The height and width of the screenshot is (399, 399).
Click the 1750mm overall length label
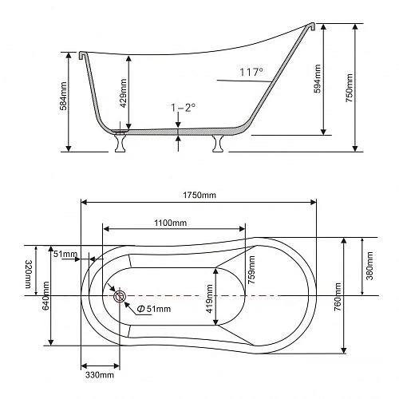[x=199, y=195]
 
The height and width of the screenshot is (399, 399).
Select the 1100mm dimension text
[x=171, y=223]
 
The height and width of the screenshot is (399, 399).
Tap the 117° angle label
[x=251, y=72]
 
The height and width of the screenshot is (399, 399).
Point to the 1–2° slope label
[x=184, y=108]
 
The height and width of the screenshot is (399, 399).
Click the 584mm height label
[x=63, y=96]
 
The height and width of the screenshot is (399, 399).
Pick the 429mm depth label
[x=123, y=93]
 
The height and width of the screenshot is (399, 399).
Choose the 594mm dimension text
[x=317, y=79]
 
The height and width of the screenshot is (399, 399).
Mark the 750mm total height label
[x=349, y=88]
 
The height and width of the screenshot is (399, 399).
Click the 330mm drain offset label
[x=100, y=375]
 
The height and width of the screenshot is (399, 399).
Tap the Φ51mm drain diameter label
[x=154, y=309]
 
